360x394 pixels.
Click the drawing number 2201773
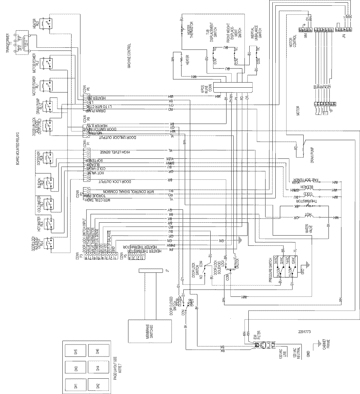pyautogui.click(x=305, y=332)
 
